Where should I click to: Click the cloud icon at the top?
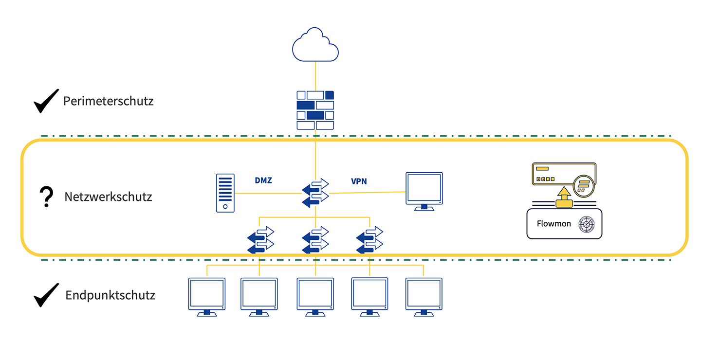click(x=315, y=45)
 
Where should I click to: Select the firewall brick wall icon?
click(x=315, y=110)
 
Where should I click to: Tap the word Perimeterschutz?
click(x=108, y=101)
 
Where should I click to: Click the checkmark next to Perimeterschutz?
click(x=46, y=101)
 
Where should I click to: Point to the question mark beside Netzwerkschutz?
click(x=46, y=197)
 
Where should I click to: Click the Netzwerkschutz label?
click(x=108, y=197)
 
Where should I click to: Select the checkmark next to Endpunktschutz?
click(x=46, y=295)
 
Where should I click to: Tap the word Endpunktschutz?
click(x=110, y=295)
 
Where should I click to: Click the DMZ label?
click(x=263, y=180)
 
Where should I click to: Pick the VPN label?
click(x=359, y=181)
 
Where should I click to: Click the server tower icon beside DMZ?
click(x=225, y=193)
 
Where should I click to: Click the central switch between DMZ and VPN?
click(x=315, y=193)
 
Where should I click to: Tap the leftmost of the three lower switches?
click(x=260, y=240)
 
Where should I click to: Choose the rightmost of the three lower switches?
click(x=370, y=240)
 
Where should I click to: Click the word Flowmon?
click(x=553, y=224)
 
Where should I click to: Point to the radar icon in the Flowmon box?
click(x=587, y=224)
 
